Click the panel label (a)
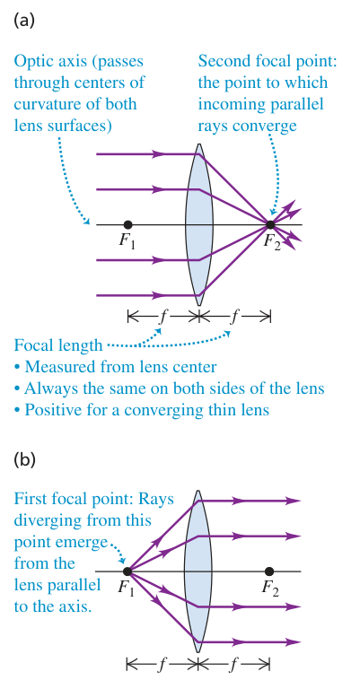[x=24, y=21]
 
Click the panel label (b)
[x=24, y=459]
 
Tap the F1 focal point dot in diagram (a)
[x=127, y=224]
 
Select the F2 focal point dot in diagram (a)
[x=270, y=224]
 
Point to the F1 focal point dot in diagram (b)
[x=127, y=571]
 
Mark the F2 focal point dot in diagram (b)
[x=269, y=571]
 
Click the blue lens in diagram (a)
[x=199, y=224]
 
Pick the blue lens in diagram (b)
[x=198, y=571]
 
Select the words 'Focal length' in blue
[x=57, y=344]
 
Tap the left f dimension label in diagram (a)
[x=162, y=317]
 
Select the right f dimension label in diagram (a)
[x=234, y=317]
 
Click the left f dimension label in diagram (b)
[x=162, y=665]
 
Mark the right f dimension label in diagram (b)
[x=233, y=665]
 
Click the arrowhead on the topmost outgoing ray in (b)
[x=294, y=501]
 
